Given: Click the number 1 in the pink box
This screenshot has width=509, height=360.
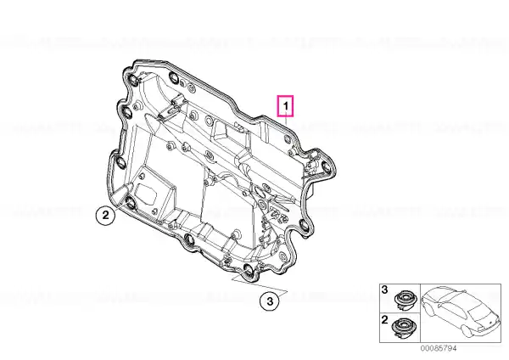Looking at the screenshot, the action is point(286,106).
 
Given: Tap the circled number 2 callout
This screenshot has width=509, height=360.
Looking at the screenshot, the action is point(105,215).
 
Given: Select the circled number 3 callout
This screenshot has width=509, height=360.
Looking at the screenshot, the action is point(270,301).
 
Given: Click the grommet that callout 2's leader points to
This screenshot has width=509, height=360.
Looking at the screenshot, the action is point(131,203).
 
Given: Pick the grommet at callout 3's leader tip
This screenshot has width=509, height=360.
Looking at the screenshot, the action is point(249,270).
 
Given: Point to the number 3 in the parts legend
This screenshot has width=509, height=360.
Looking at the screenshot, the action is point(384,290).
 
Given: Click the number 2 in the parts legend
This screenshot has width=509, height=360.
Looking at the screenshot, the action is point(384,320).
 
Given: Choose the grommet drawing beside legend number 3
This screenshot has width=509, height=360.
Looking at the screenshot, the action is point(405,298).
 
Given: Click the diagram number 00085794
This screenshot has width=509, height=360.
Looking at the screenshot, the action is point(439,348).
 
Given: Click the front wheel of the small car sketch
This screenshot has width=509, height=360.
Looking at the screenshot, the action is point(428,309).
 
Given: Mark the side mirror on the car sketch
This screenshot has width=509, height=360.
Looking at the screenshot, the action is point(439,306).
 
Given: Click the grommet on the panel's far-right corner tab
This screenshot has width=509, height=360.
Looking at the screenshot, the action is point(326,168).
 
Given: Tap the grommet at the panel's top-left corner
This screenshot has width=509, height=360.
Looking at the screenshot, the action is point(133,80).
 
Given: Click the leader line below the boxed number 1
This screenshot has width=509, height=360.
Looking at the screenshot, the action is point(286,121).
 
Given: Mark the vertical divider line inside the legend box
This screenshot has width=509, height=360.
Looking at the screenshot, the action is point(421,313).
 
